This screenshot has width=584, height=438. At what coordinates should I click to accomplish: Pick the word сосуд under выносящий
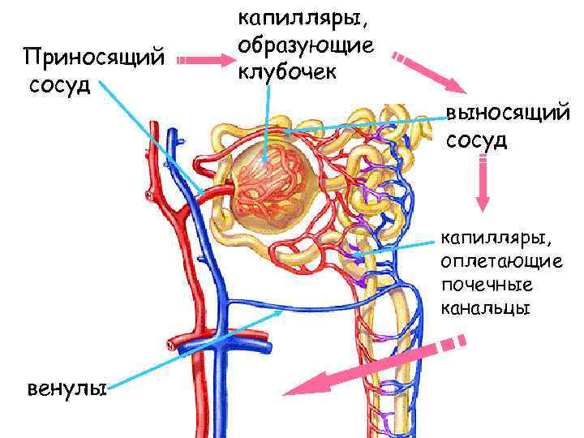[x=477, y=140]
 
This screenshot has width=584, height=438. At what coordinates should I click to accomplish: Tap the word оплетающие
[x=501, y=262]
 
